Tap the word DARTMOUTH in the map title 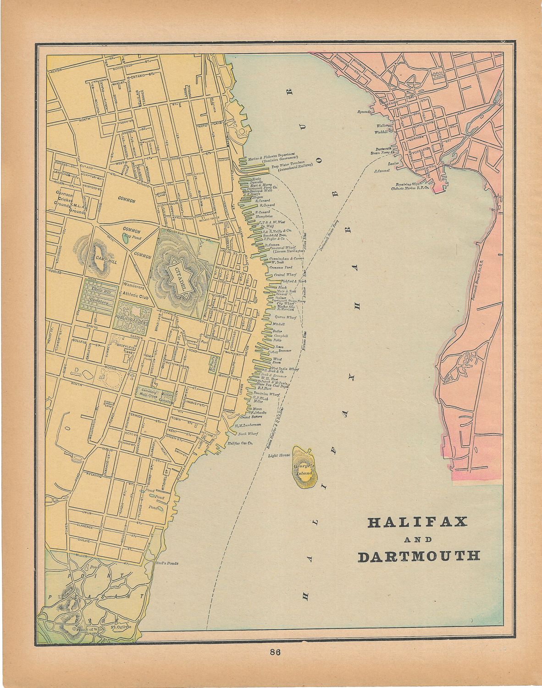(x=419, y=556)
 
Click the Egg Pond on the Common (x=125, y=238)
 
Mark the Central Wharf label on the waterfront (x=283, y=275)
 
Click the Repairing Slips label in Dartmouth (x=406, y=183)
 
